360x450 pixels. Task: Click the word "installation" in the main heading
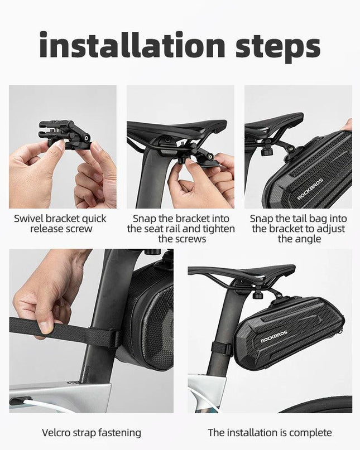[x=132, y=45]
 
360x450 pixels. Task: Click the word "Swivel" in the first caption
[x=28, y=219]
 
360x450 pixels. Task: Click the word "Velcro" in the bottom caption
[x=56, y=432]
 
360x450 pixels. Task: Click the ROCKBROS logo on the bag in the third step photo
[x=310, y=189]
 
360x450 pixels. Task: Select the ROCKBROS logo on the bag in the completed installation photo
[x=274, y=336]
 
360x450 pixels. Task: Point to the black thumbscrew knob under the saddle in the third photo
[x=266, y=151]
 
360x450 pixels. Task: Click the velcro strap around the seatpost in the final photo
[x=221, y=348]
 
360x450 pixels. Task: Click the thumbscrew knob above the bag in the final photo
[x=258, y=294]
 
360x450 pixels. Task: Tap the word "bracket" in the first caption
[x=63, y=219]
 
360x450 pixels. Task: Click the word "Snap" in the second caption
[x=144, y=219]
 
